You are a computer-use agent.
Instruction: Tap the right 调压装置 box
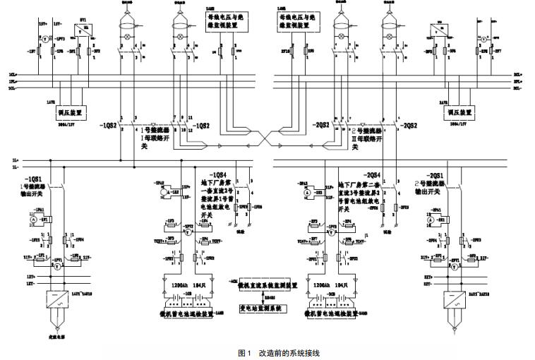462,112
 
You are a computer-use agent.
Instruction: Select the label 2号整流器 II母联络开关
367,133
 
